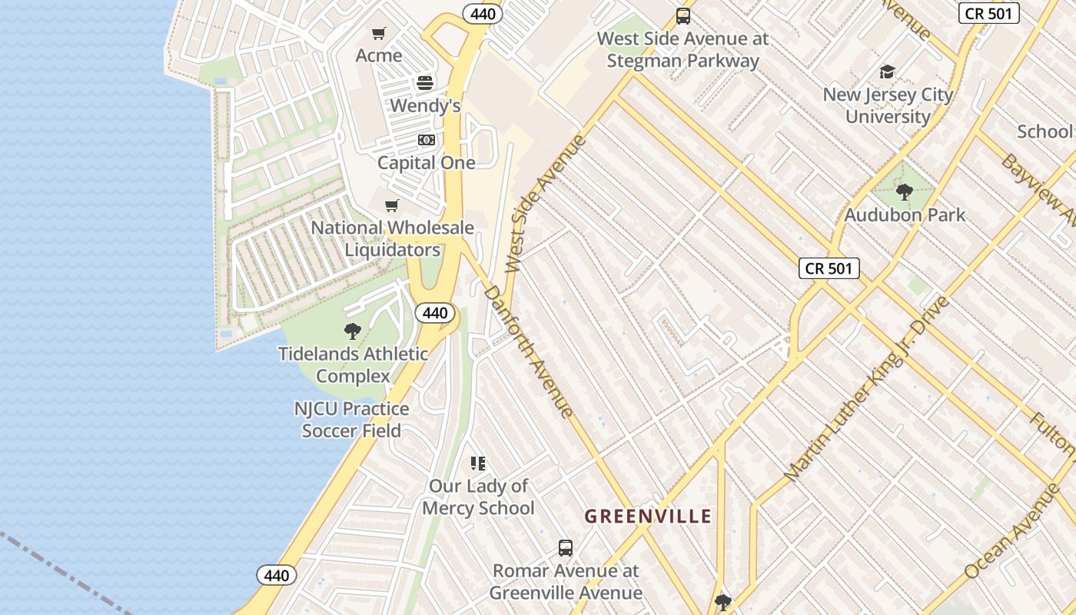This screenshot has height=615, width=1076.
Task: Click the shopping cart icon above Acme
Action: [378, 33]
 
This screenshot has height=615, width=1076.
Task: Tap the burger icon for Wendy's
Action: [425, 83]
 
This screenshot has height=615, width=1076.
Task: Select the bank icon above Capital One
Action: [426, 140]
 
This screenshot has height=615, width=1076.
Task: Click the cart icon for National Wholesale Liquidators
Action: [392, 205]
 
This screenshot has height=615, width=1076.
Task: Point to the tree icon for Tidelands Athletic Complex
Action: [353, 331]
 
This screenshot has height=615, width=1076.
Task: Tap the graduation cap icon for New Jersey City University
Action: [888, 71]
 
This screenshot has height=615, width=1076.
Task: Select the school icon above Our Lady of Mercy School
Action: [478, 463]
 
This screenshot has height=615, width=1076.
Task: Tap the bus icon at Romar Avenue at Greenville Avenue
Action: [566, 548]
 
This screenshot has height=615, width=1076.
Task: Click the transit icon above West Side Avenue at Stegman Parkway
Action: [682, 15]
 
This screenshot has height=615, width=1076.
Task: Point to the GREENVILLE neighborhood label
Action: [648, 516]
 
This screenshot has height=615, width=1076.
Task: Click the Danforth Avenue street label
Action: [529, 351]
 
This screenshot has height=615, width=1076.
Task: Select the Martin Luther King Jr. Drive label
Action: [868, 389]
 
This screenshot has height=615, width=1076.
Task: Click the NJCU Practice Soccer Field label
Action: [351, 420]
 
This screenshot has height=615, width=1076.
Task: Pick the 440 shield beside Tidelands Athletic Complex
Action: [435, 313]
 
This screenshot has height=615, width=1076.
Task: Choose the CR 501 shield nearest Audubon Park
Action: [829, 268]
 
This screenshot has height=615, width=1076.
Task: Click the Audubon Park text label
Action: [905, 214]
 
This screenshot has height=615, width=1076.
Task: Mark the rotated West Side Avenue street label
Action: [545, 204]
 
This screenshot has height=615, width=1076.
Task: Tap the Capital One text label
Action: [426, 163]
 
